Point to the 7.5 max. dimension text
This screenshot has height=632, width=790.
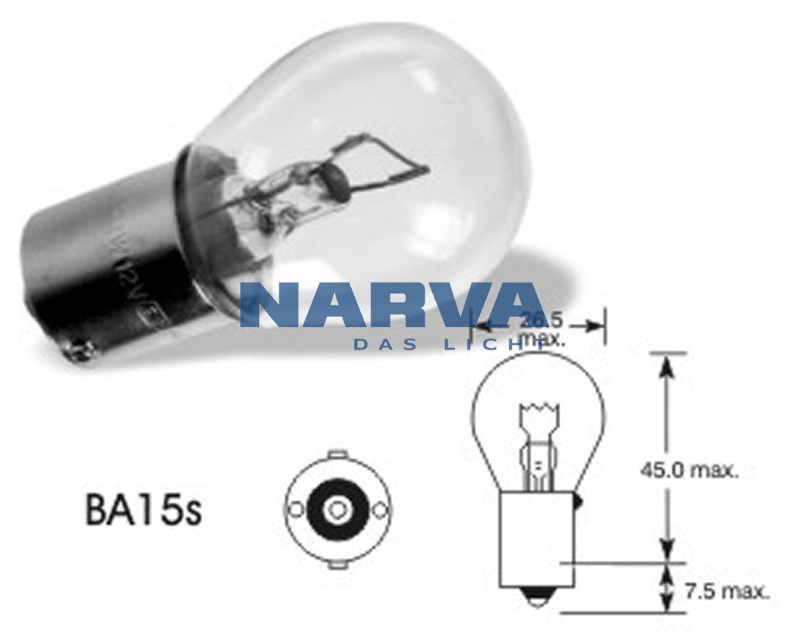[727, 593]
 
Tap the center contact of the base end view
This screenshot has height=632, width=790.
[336, 509]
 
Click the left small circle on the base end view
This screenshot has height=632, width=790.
[294, 509]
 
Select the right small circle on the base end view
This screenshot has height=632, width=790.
[379, 509]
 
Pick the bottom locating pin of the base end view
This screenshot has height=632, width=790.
[336, 564]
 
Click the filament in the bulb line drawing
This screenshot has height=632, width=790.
[538, 408]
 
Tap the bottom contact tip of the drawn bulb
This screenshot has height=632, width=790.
[538, 598]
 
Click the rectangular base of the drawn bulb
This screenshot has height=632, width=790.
[538, 540]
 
